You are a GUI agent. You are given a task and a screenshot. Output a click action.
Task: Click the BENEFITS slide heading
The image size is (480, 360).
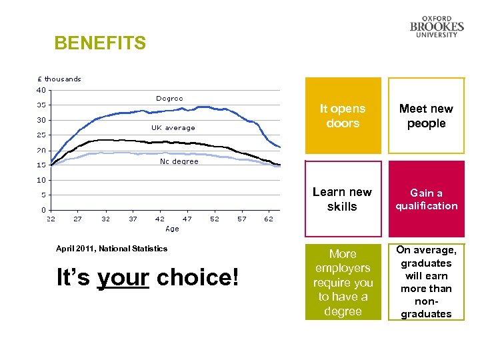100,44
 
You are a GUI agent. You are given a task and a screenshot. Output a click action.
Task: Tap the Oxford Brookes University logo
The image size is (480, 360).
437,27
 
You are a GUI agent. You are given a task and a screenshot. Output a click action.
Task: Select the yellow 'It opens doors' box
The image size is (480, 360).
343,116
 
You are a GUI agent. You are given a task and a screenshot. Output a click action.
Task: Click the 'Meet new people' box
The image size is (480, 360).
426,116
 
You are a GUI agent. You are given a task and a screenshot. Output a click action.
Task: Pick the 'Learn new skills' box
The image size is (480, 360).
343,199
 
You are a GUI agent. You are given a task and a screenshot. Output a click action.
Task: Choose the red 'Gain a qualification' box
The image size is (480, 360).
426,199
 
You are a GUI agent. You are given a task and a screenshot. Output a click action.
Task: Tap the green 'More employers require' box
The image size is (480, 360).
343,282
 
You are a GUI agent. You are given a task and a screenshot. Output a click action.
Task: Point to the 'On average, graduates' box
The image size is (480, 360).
426,282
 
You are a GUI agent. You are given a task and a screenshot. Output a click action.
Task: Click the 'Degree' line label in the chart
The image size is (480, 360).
169,99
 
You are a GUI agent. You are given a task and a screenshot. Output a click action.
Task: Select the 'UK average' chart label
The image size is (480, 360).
173,127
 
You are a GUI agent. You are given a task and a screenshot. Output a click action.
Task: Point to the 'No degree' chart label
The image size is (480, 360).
179,161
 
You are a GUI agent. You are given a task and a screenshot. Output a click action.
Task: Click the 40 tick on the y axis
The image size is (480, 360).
41,90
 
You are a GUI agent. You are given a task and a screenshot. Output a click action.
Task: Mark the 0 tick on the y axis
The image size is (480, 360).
43,210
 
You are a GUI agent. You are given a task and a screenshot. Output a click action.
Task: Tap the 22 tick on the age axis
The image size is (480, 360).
51,219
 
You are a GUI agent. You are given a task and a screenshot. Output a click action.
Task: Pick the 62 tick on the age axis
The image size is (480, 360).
269,219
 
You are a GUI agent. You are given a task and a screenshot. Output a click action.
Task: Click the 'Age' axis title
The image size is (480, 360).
172,229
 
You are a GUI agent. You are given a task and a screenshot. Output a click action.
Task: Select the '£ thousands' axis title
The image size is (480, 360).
59,79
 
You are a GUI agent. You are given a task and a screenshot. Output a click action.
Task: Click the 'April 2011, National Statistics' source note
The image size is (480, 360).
111,249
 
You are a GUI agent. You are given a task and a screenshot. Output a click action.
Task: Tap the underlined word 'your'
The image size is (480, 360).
123,277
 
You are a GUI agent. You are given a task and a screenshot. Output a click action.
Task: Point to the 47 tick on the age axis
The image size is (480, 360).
187,219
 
